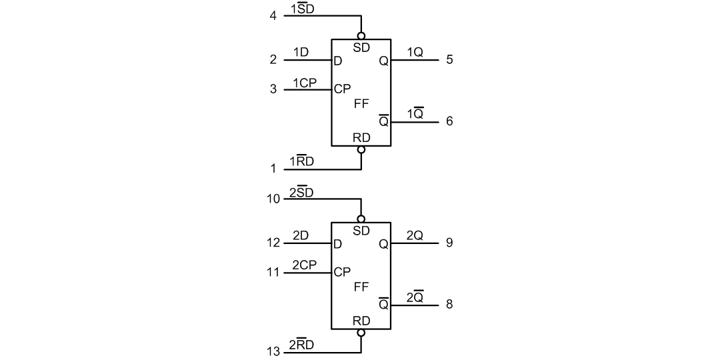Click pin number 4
click(273, 15)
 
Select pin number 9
click(449, 243)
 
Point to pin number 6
click(449, 121)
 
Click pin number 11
click(273, 272)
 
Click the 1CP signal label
click(304, 83)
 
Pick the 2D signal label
click(300, 235)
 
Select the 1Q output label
click(415, 53)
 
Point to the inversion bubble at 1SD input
click(361, 35)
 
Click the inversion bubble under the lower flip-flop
click(361, 333)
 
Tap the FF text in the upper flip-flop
click(361, 104)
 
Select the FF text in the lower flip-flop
click(361, 287)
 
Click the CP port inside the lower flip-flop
click(342, 272)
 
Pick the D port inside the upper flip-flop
click(338, 61)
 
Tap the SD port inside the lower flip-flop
click(361, 231)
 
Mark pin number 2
click(273, 60)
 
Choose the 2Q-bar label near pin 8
click(415, 297)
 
